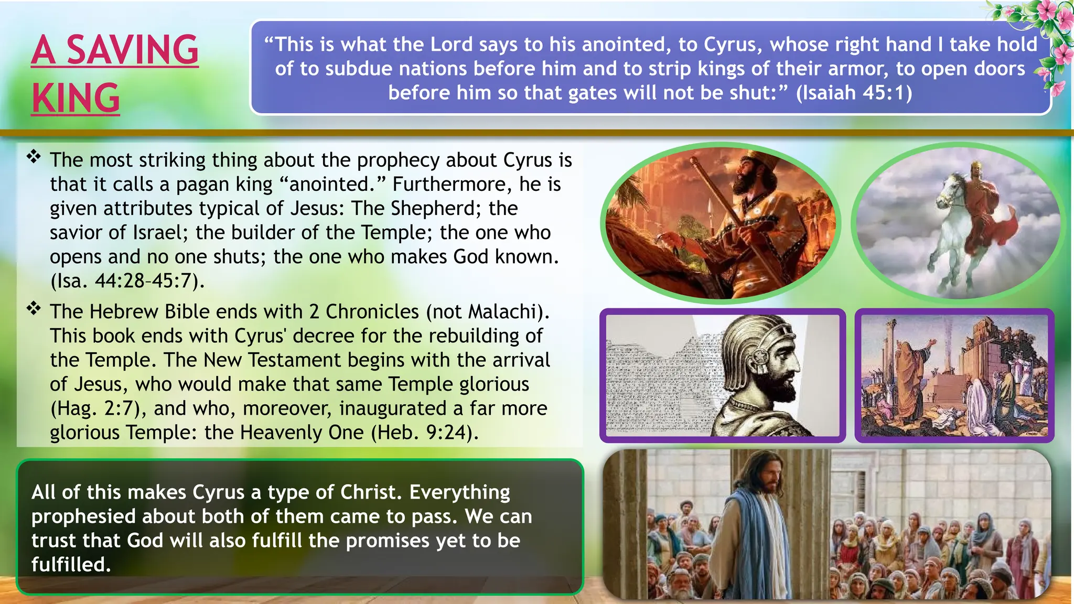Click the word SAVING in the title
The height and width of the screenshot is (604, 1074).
(x=132, y=50)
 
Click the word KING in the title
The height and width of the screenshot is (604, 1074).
(x=76, y=99)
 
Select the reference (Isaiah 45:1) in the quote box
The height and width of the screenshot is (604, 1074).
(x=854, y=93)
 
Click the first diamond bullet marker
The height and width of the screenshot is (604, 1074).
(x=34, y=156)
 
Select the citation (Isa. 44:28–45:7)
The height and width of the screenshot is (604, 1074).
(x=127, y=281)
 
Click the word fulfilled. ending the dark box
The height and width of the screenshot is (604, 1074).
(x=71, y=565)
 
